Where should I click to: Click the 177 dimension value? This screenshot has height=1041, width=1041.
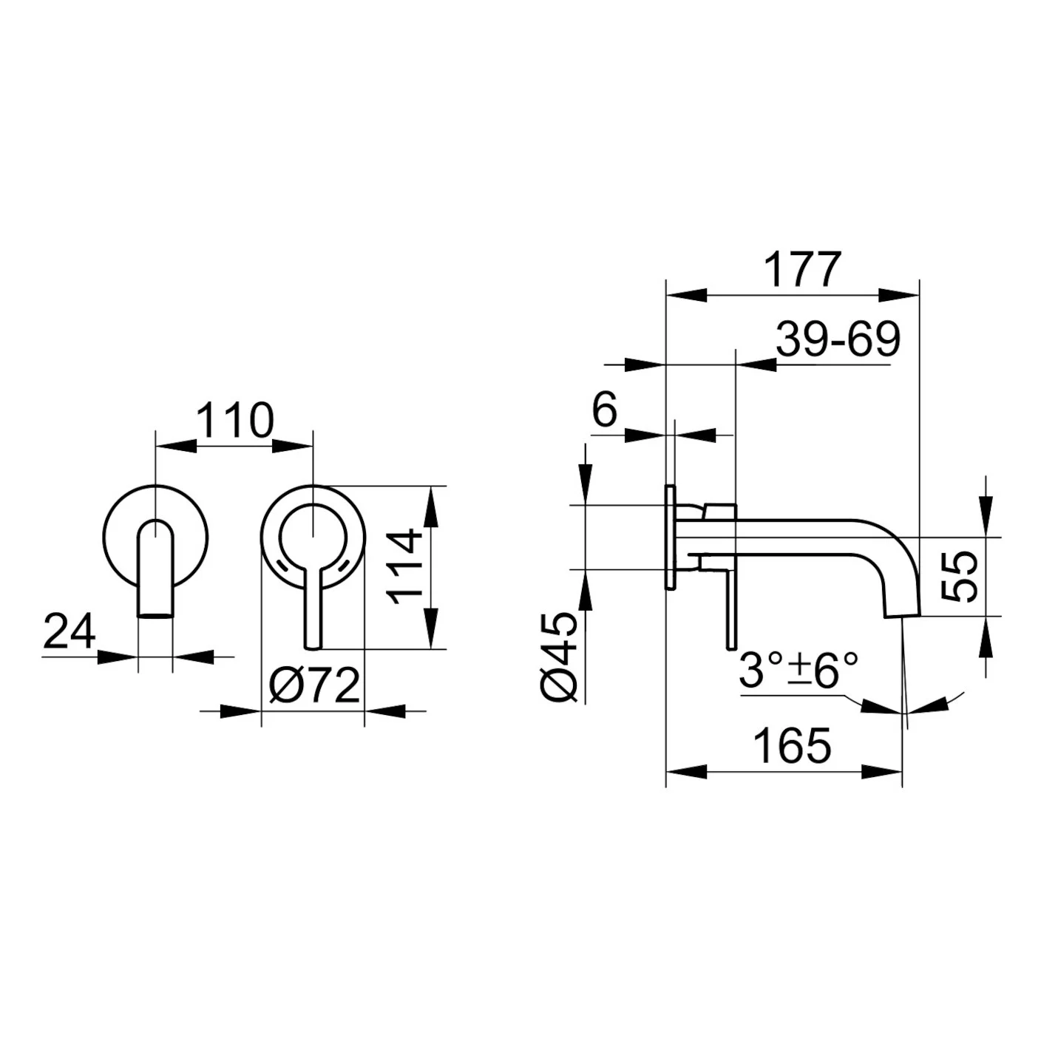click(x=803, y=269)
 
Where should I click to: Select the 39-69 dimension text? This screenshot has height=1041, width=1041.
click(x=838, y=339)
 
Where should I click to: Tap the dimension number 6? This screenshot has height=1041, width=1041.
click(x=604, y=410)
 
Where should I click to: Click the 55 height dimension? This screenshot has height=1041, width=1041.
click(x=960, y=576)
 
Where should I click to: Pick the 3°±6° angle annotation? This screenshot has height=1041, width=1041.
click(x=798, y=670)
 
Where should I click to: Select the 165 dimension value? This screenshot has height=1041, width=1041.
click(x=793, y=745)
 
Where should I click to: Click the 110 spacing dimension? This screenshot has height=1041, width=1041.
click(x=235, y=420)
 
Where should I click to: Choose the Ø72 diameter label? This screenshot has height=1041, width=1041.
click(x=314, y=686)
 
